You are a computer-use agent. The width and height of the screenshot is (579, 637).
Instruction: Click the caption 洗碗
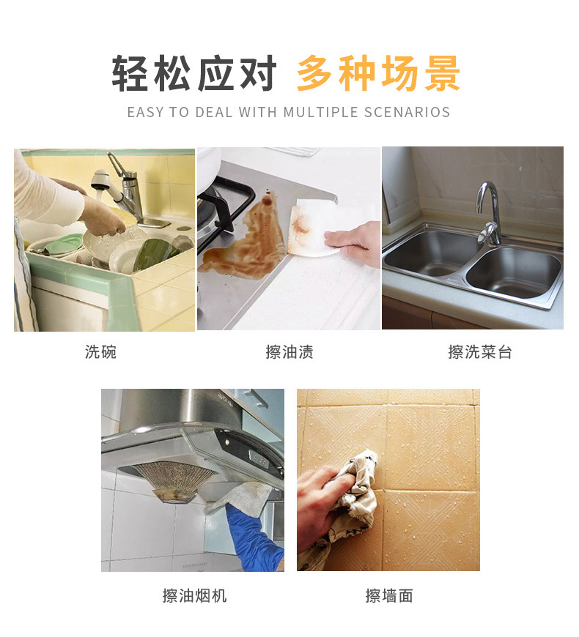(x=100, y=352)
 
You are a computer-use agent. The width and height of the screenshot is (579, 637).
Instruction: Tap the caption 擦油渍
(x=289, y=352)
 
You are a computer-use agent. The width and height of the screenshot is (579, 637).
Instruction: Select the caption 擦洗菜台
(x=480, y=352)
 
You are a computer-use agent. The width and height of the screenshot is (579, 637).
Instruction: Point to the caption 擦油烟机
(x=194, y=595)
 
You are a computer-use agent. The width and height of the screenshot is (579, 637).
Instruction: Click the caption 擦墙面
(x=389, y=595)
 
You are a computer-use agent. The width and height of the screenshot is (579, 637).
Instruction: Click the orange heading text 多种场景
(x=378, y=74)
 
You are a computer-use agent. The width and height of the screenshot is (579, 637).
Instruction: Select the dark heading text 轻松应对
(x=194, y=74)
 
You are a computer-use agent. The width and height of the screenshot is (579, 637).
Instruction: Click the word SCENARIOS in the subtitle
(x=407, y=113)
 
